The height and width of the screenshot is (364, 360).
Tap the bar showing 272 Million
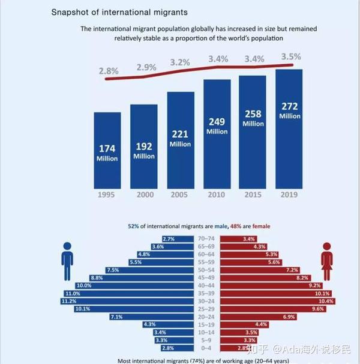click(x=289, y=129)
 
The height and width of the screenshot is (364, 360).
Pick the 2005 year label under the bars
click(x=180, y=195)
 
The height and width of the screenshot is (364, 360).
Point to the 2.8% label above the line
click(x=109, y=70)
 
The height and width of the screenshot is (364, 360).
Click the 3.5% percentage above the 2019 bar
click(x=290, y=57)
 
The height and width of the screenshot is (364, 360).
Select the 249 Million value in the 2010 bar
click(x=217, y=126)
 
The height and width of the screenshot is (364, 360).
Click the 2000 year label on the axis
click(x=144, y=195)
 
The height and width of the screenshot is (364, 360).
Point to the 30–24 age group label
click(x=205, y=300)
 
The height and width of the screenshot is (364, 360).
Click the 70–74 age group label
click(x=205, y=238)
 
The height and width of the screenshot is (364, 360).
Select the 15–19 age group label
click(x=205, y=324)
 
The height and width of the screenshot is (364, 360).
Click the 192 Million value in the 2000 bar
click(x=144, y=151)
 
